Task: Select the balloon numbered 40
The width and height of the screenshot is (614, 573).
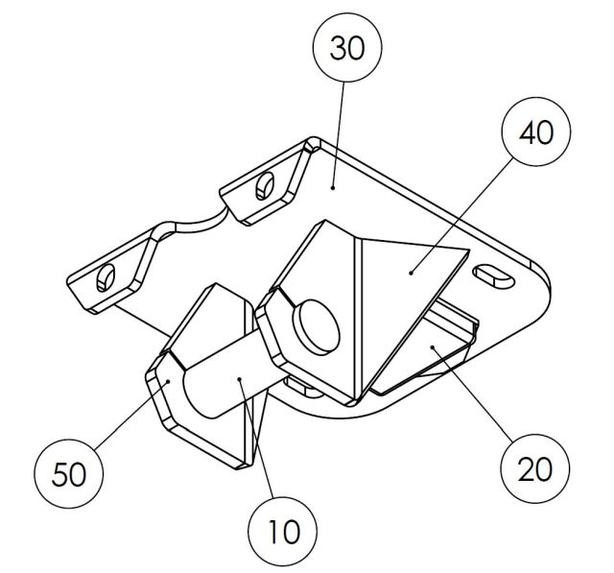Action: [x=535, y=133]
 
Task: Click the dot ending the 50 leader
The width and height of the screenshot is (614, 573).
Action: [x=167, y=382]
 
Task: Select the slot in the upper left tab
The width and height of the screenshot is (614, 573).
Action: [x=263, y=188]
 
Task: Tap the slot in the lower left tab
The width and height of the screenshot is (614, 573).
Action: [x=104, y=277]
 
